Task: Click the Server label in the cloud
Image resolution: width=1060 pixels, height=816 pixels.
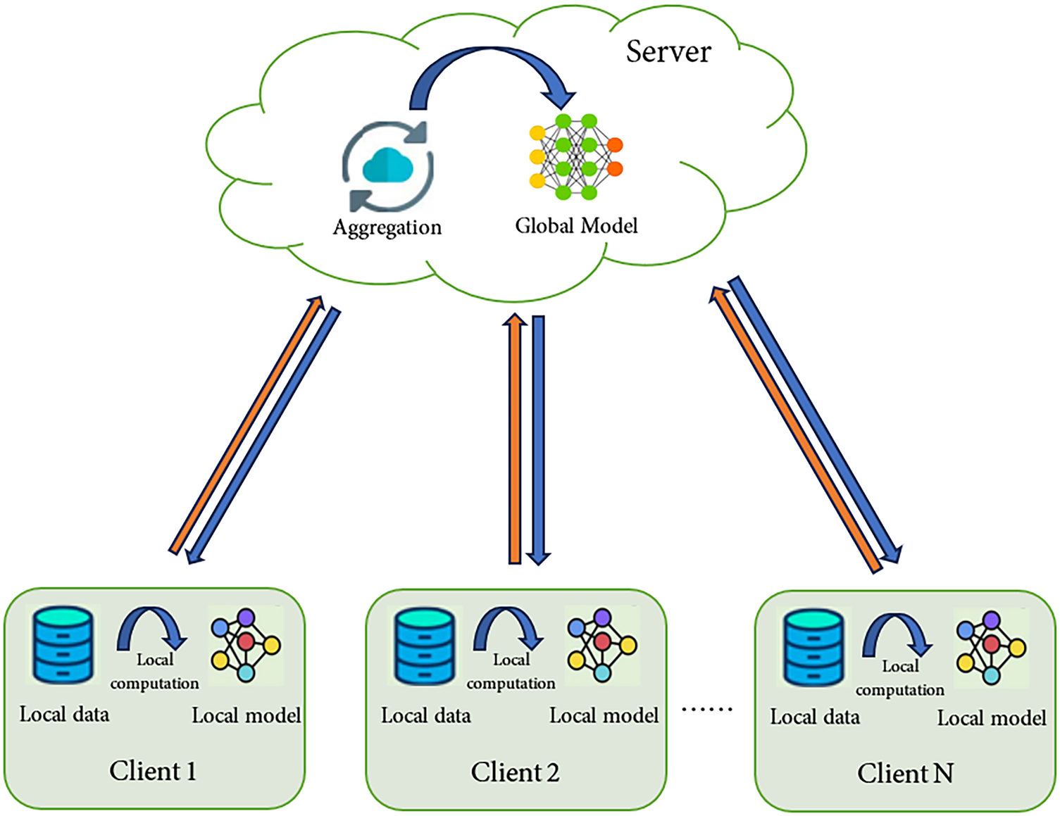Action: (x=668, y=52)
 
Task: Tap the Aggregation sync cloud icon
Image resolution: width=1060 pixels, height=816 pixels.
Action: (x=387, y=168)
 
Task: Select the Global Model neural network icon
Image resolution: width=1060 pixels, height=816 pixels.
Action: (x=575, y=157)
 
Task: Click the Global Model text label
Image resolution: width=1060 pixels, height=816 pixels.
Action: (x=576, y=226)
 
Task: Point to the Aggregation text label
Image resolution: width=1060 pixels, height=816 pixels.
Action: (x=387, y=227)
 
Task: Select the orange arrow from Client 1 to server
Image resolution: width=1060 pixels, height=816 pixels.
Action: (x=247, y=425)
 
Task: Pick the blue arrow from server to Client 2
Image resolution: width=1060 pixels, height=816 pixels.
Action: (x=539, y=440)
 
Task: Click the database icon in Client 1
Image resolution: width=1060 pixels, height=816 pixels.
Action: (x=63, y=645)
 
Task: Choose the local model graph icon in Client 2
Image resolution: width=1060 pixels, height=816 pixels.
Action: (x=602, y=645)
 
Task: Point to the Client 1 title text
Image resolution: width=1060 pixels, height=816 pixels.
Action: (x=153, y=771)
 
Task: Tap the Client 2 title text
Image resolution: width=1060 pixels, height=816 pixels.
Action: (x=515, y=772)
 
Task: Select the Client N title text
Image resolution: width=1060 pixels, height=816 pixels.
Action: (x=905, y=774)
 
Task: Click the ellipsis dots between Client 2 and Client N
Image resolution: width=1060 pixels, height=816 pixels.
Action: (x=707, y=709)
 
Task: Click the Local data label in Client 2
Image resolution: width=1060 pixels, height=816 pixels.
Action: (x=426, y=716)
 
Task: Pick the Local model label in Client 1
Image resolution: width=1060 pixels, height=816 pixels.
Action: (x=247, y=716)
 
